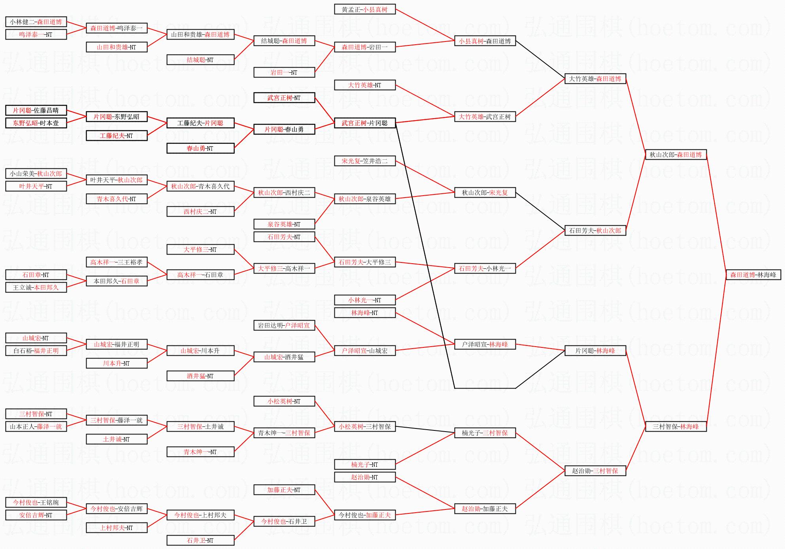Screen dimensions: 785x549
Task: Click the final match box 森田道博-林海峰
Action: coord(753,275)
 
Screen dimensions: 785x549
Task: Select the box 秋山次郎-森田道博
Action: coord(676,155)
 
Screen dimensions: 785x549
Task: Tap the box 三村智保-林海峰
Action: coord(676,426)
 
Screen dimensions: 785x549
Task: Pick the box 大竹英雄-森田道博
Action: coord(595,79)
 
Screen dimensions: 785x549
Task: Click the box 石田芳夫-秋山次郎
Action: coord(595,230)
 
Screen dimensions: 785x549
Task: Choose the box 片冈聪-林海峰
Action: coord(595,351)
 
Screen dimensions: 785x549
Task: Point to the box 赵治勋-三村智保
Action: coord(595,471)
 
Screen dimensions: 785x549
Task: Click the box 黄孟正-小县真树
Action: coord(364,9)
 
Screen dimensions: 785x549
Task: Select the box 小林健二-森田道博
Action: coord(36,22)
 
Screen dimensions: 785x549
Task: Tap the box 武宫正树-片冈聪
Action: coord(364,123)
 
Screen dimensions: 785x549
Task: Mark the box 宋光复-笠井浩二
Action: coord(364,161)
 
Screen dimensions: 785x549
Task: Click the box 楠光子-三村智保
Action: coord(485,433)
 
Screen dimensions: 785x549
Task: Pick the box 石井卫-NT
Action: coord(200,540)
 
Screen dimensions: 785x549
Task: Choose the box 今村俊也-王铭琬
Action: coord(36,502)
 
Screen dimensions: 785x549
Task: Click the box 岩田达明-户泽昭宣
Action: coord(284,325)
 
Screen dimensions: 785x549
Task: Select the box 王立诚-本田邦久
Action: coord(36,287)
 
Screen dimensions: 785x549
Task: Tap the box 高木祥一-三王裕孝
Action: coord(117,262)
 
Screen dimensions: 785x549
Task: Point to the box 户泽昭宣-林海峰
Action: coord(485,344)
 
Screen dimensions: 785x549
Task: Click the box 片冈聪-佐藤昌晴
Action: coord(36,110)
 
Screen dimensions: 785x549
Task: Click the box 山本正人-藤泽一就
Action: coord(36,426)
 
